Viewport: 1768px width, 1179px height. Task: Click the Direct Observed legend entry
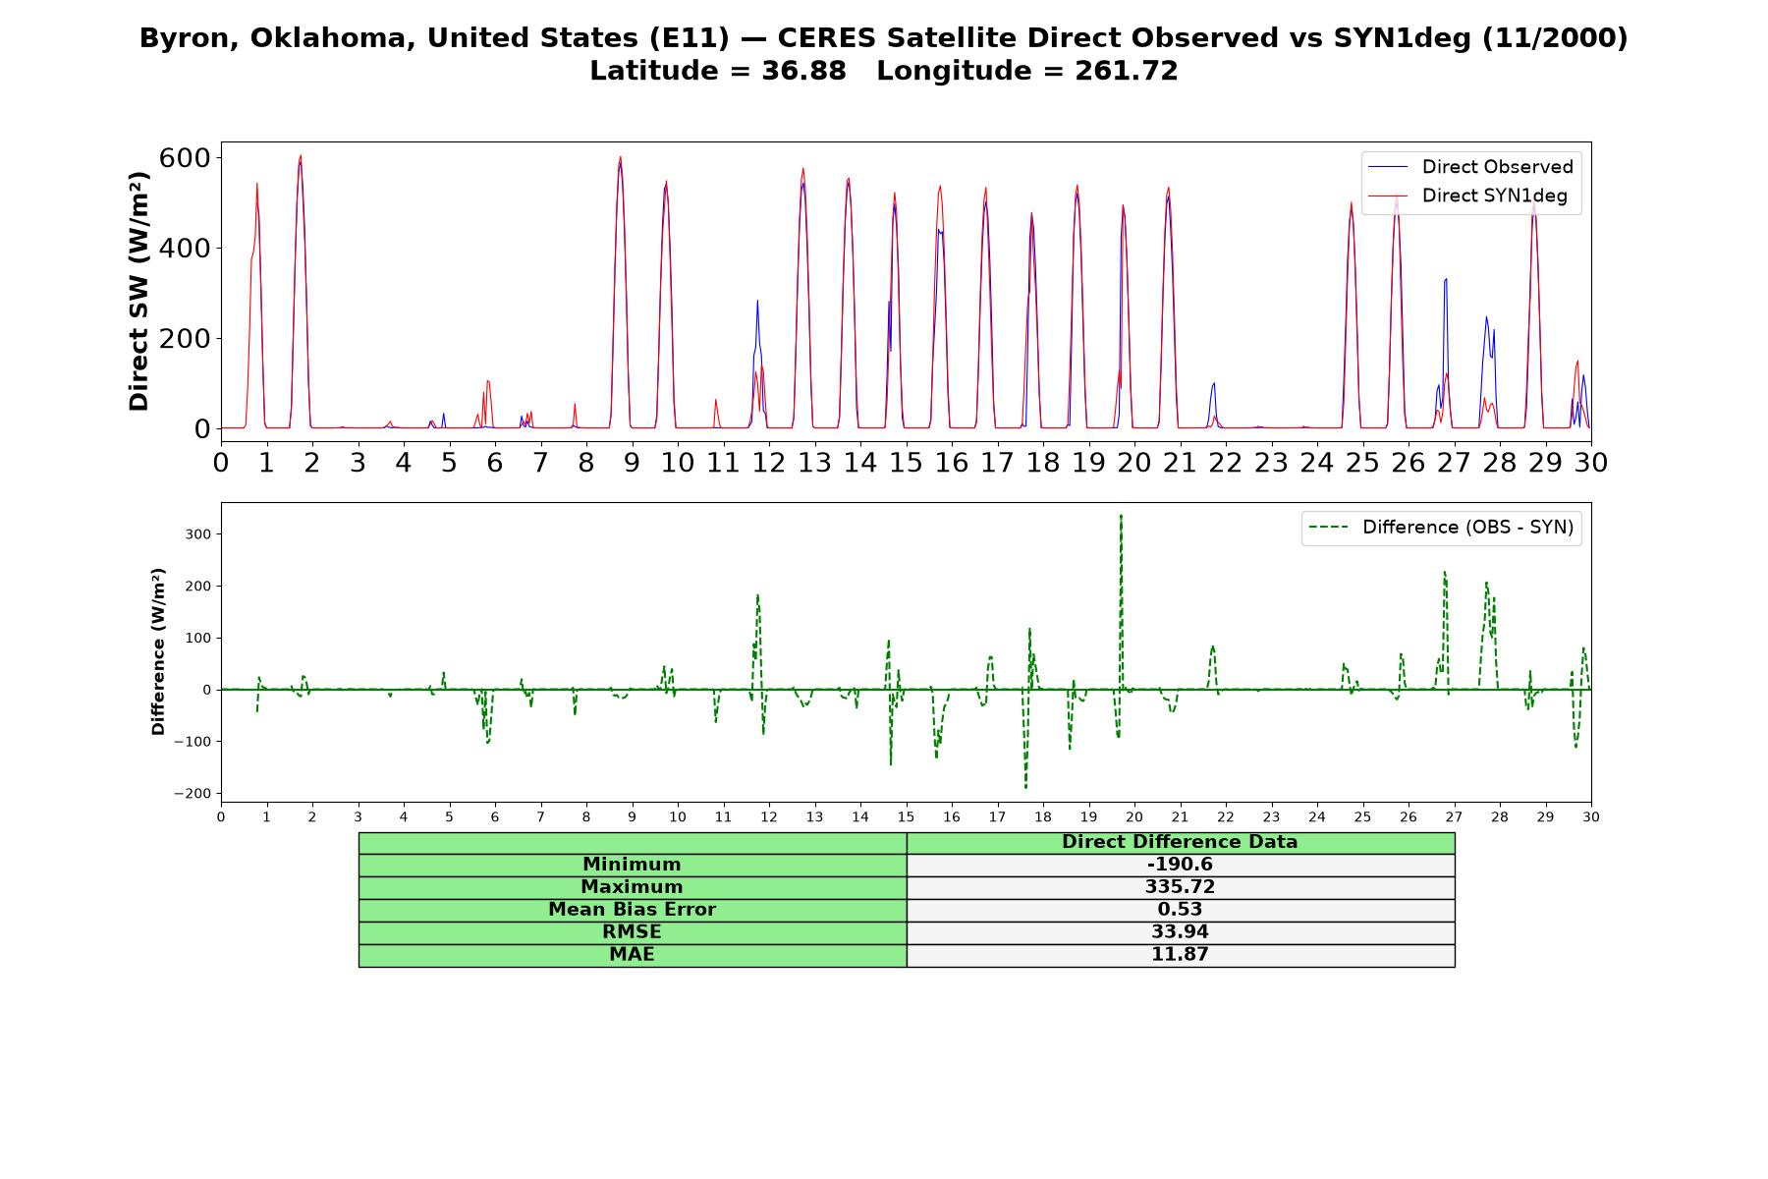1470,167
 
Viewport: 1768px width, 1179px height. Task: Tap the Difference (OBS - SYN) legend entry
1441,528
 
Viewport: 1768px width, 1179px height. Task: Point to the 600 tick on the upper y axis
185,158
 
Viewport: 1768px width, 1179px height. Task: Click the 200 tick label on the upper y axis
185,338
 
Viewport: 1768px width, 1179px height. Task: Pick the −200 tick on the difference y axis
192,794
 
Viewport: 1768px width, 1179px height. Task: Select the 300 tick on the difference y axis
198,534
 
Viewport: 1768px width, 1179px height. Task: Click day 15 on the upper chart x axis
906,462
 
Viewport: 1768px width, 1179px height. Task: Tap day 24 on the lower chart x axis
1317,817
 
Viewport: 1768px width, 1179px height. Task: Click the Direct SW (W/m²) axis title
139,291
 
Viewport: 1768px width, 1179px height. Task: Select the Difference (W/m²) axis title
158,651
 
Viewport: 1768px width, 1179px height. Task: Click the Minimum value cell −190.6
1180,865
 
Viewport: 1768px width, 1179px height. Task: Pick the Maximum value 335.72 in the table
1180,887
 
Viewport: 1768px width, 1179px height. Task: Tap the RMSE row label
632,932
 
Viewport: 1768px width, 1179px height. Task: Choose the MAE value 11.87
1180,955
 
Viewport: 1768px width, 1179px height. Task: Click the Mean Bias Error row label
632,910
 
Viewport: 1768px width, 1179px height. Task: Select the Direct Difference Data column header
1180,842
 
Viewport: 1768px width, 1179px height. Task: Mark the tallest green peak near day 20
1121,515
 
